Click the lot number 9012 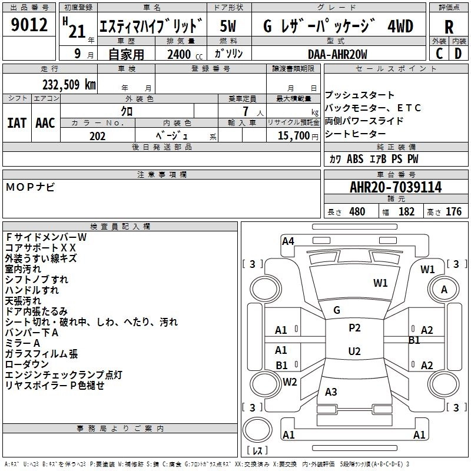point(29,26)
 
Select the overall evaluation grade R point(449,27)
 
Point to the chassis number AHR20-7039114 point(396,187)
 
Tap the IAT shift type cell point(17,122)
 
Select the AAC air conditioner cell point(45,122)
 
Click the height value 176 point(453,211)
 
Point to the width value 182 point(406,211)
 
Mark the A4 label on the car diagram point(288,240)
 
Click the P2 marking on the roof point(354,328)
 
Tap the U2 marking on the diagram point(354,351)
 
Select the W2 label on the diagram point(290,382)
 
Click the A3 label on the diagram point(331,392)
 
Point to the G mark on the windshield point(337,310)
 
